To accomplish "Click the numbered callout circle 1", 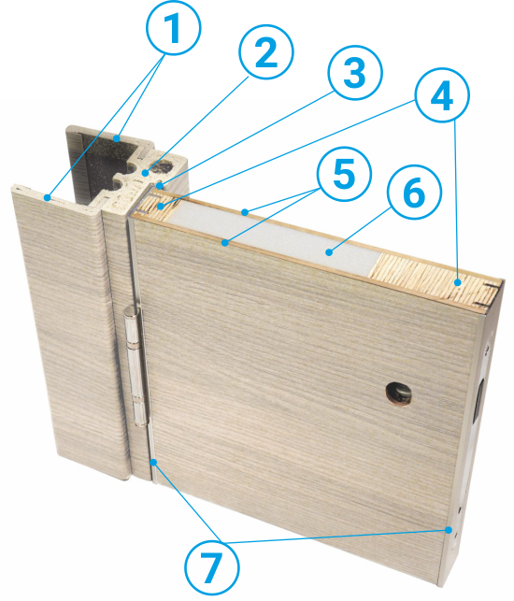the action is [174, 28].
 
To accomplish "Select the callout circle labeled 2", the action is [266, 51].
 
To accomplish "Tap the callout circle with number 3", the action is [355, 73].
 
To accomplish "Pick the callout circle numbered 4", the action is [442, 95].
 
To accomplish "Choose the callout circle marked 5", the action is [344, 174].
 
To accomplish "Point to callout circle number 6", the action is [414, 193].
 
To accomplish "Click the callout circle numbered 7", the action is [212, 567].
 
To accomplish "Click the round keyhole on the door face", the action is [399, 394].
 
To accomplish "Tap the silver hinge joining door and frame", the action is [136, 366].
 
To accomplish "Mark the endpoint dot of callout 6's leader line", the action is [328, 252].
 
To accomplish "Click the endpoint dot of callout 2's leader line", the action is [145, 173].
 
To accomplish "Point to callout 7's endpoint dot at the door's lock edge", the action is [448, 530].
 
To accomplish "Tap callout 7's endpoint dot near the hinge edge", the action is [153, 463].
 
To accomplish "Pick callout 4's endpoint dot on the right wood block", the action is [458, 283].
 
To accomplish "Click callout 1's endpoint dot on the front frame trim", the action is [47, 198].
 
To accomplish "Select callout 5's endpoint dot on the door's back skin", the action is [245, 211].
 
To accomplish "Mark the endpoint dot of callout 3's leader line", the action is [159, 187].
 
